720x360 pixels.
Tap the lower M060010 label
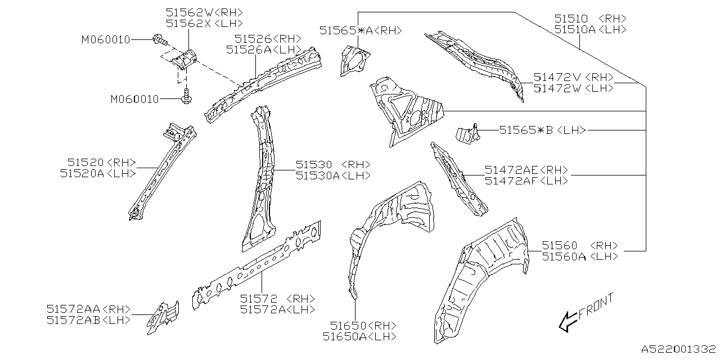click(x=134, y=100)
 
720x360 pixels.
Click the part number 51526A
click(x=249, y=49)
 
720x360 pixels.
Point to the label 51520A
click(x=82, y=174)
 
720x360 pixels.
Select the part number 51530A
click(x=318, y=175)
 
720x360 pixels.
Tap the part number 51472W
click(x=557, y=88)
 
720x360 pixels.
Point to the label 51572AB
click(x=73, y=319)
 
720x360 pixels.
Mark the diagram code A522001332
click(x=678, y=350)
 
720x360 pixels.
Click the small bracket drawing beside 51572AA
click(x=163, y=314)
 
